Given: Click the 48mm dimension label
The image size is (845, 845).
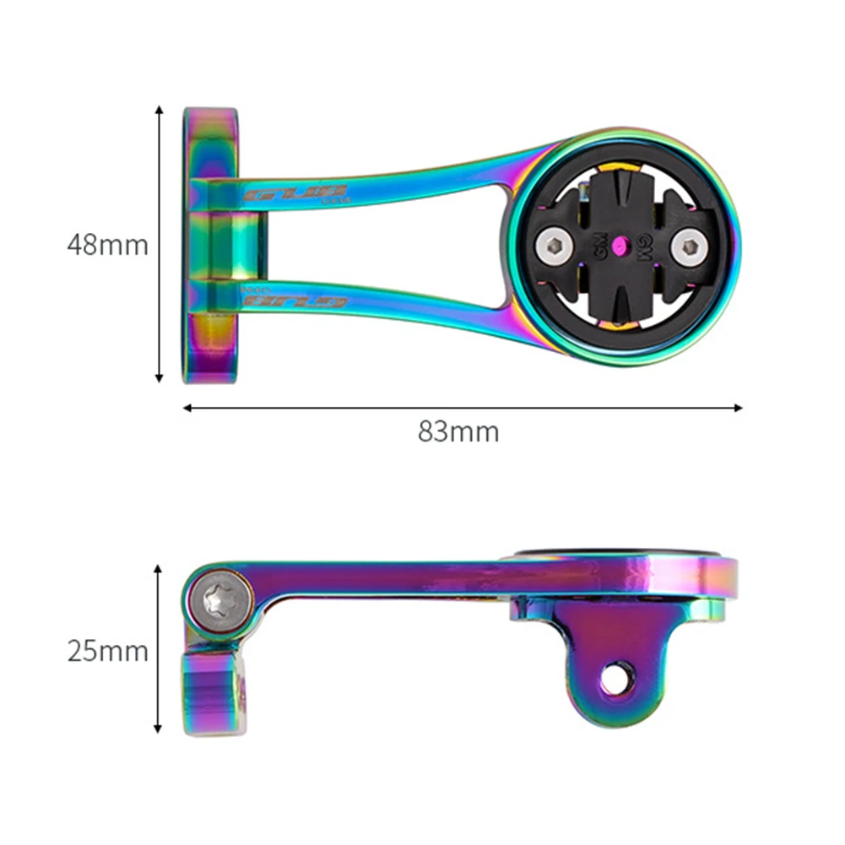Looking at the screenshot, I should [107, 245].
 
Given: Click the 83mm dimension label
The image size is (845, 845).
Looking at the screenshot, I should [458, 432].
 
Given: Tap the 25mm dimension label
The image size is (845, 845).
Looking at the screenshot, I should [107, 651].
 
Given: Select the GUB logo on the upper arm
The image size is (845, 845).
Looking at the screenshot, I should [296, 193].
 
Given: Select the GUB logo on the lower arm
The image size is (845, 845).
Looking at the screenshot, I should [295, 301].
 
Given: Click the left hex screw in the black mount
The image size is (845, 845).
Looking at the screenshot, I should [554, 246].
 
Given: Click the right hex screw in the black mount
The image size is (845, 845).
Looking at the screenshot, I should [690, 246].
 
